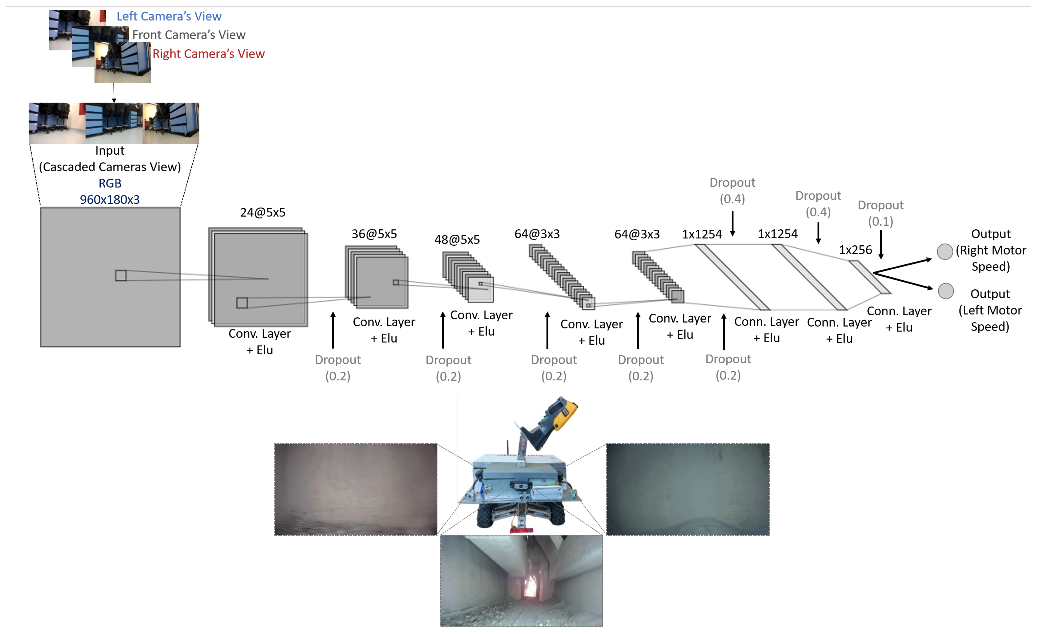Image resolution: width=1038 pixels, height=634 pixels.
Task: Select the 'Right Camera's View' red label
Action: pos(209,53)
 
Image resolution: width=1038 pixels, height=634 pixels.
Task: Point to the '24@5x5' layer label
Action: pos(263,212)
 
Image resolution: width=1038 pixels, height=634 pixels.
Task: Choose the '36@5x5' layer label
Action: pos(374,234)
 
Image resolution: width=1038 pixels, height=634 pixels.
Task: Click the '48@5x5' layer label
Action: pos(457,240)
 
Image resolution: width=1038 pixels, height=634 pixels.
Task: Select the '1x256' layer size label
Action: pos(855,250)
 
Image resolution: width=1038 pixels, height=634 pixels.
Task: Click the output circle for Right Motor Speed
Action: pos(945,252)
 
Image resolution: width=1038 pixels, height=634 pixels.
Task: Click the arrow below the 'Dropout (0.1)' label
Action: pos(881,245)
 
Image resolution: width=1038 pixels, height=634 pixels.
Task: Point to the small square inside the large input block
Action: pos(121,276)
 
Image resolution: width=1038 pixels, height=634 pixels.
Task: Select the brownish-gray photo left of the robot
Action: pos(355,490)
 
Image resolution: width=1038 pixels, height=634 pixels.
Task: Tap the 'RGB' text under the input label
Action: pos(110,183)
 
